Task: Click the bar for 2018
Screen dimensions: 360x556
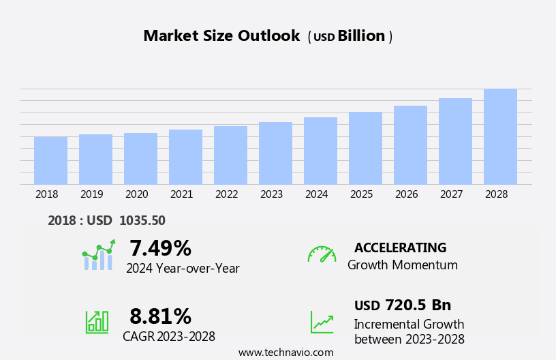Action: pos(50,161)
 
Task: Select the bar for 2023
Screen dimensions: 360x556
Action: pos(275,153)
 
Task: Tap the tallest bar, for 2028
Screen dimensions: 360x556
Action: pos(500,136)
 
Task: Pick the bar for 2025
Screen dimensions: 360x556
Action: pos(365,148)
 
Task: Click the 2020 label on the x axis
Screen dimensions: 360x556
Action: pos(136,194)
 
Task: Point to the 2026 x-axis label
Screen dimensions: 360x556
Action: pos(406,194)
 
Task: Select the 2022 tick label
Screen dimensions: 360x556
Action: pos(226,194)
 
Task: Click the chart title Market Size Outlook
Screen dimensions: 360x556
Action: pos(221,36)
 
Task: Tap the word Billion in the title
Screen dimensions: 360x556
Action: pos(361,36)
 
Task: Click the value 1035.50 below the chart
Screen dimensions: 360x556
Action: pos(142,220)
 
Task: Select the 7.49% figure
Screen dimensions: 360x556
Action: pos(160,248)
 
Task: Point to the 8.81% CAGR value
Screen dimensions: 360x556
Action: pos(160,316)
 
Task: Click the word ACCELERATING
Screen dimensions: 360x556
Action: pos(400,248)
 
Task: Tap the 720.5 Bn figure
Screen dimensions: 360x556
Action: pos(418,305)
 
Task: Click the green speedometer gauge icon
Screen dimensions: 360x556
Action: pos(322,254)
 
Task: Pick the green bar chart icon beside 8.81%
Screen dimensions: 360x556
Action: pos(97,321)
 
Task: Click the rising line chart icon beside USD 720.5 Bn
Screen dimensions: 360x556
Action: pos(322,322)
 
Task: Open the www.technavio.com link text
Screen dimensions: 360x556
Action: pos(285,352)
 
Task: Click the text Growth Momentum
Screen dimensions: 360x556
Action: pos(402,265)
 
